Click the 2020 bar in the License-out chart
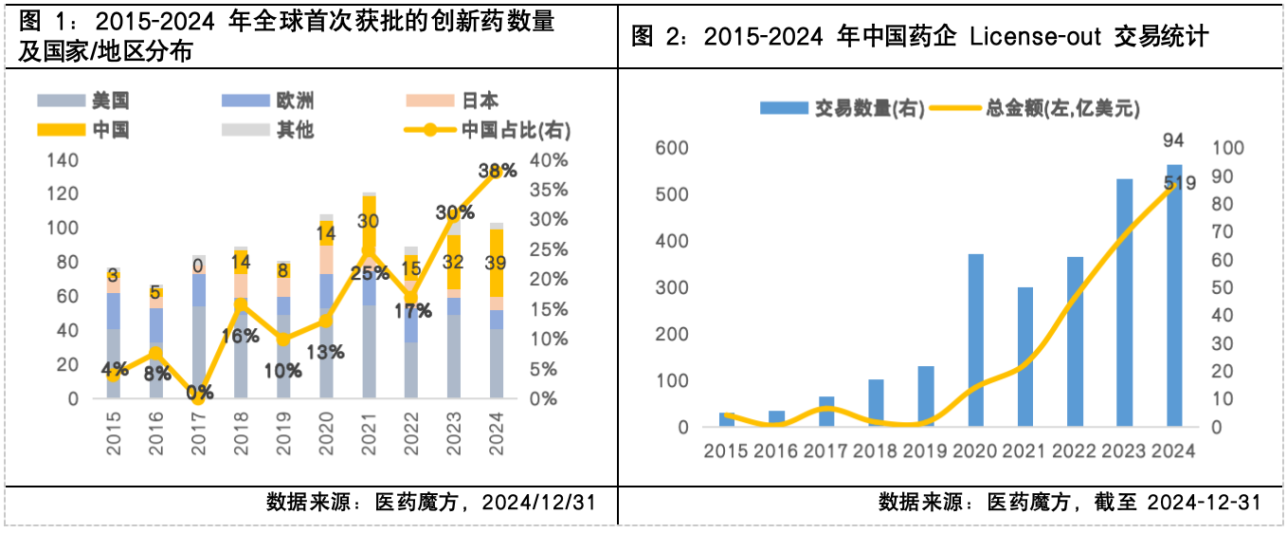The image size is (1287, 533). click(x=975, y=340)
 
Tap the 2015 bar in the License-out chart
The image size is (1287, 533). click(x=727, y=419)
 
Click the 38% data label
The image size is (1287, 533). click(x=498, y=171)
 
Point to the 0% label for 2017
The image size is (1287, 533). click(x=198, y=391)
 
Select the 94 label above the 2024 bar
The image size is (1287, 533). click(x=1173, y=140)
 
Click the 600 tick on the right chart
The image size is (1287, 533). click(x=670, y=148)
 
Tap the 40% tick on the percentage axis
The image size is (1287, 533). click(x=549, y=159)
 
